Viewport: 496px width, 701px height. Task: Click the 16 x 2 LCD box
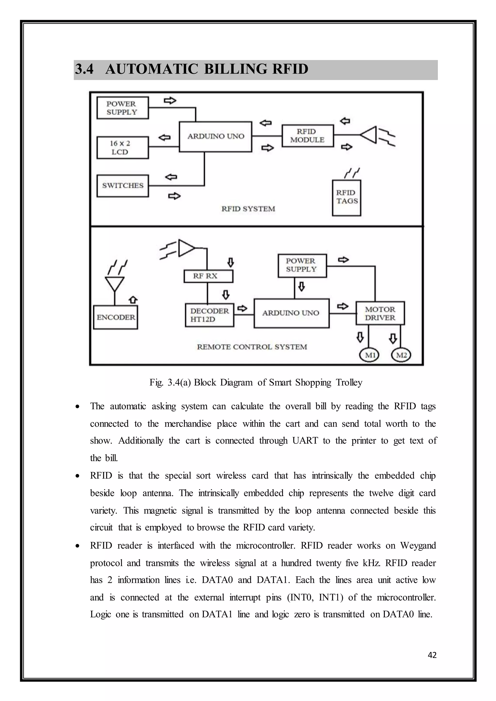pyautogui.click(x=123, y=148)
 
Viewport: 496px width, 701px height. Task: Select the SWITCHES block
pyautogui.click(x=123, y=186)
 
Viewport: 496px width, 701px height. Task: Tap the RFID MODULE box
pyautogui.click(x=307, y=136)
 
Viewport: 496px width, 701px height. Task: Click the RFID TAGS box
pyautogui.click(x=346, y=198)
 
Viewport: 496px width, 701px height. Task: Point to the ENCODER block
pyautogui.click(x=116, y=317)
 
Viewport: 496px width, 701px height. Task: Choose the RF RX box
pyautogui.click(x=208, y=276)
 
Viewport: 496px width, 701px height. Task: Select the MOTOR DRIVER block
pyautogui.click(x=380, y=313)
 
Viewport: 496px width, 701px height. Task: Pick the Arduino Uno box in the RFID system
pyautogui.click(x=216, y=137)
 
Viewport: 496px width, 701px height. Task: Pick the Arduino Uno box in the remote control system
pyautogui.click(x=291, y=313)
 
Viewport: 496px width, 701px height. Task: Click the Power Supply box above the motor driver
pyautogui.click(x=302, y=265)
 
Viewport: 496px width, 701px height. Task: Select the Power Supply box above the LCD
pyautogui.click(x=123, y=108)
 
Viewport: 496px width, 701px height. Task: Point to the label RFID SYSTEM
pyautogui.click(x=248, y=209)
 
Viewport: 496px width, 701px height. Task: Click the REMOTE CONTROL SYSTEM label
pyautogui.click(x=252, y=347)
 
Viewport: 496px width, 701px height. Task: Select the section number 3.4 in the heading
pyautogui.click(x=84, y=69)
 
